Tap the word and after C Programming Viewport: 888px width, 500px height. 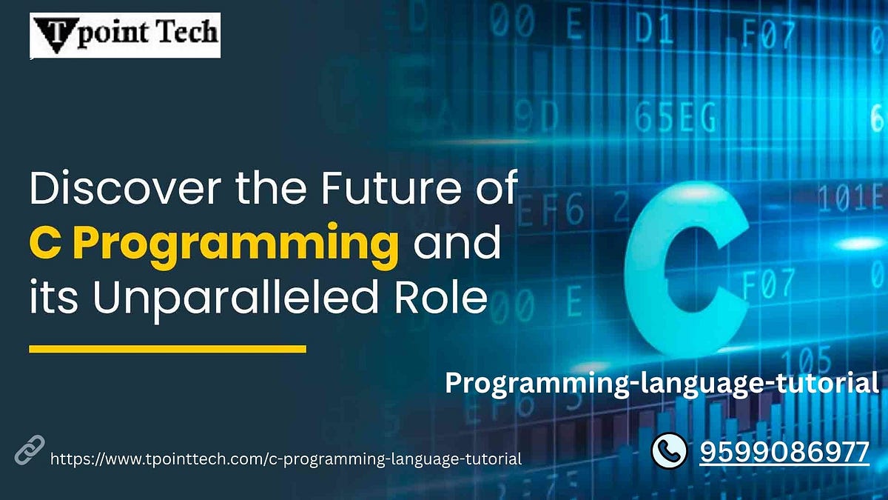pos(456,244)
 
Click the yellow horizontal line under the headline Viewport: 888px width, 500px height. pos(167,347)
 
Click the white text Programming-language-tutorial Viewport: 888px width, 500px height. pos(662,383)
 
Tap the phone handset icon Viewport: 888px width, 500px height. pos(670,450)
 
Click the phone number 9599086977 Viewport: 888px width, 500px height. pos(784,450)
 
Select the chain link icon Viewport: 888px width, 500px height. pos(30,450)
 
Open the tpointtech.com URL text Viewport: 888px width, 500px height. pos(286,459)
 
